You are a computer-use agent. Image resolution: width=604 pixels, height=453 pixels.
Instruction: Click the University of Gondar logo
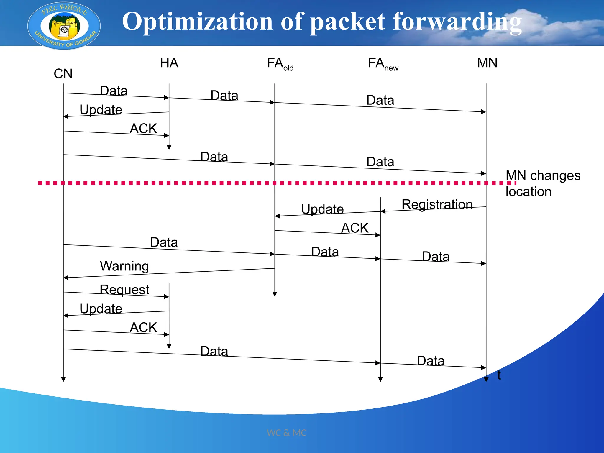point(64,26)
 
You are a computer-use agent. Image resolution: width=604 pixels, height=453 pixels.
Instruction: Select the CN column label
point(63,74)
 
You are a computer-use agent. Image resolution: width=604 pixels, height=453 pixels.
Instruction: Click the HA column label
point(169,63)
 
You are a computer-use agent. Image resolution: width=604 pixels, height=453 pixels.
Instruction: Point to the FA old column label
point(280,64)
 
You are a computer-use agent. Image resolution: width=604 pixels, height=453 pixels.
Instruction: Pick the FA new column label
point(383,64)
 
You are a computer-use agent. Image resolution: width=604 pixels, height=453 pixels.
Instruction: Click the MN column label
point(487,63)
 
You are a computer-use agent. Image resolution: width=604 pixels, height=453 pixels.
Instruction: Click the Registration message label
point(437,204)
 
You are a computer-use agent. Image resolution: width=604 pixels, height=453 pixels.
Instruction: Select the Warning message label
point(124,266)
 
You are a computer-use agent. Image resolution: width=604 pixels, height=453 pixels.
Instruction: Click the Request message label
point(124,290)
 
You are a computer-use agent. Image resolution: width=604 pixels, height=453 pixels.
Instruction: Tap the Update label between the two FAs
point(322,209)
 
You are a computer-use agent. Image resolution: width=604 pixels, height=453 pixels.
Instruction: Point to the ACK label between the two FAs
point(355,228)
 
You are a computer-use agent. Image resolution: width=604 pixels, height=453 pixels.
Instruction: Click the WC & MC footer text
point(286,433)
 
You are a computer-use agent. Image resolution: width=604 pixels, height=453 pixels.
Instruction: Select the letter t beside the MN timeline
point(499,375)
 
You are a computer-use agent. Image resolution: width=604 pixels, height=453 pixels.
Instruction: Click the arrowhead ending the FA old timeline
point(275,294)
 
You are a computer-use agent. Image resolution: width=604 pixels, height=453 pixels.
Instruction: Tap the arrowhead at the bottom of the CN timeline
point(63,379)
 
